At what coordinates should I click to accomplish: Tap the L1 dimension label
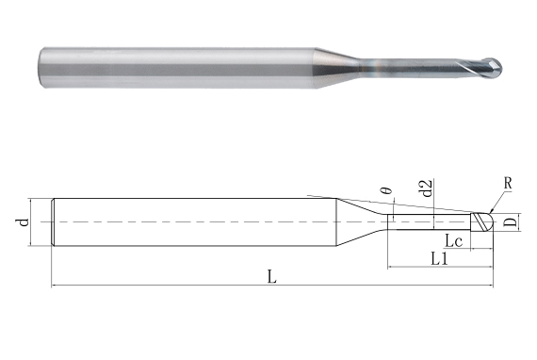[439, 256]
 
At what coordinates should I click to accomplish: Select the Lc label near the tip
[453, 239]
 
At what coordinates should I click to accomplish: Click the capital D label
[509, 222]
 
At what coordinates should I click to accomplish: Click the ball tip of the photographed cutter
[496, 68]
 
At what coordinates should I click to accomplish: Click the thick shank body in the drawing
[188, 222]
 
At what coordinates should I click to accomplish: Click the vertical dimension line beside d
[33, 223]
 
